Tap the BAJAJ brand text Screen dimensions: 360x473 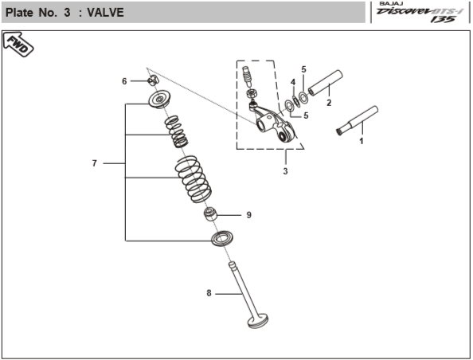tap(389, 4)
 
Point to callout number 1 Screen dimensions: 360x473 tap(361, 141)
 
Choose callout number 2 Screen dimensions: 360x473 tap(329, 103)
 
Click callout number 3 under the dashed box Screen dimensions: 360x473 tap(285, 171)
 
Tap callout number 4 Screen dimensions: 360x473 tap(293, 82)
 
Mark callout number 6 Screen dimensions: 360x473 tap(124, 81)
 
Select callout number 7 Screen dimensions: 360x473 tap(94, 163)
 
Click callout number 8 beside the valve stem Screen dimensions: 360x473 tap(209, 293)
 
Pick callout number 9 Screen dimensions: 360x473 tap(248, 215)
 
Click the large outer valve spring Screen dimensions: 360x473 tap(193, 178)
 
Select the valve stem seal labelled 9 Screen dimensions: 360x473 tap(213, 215)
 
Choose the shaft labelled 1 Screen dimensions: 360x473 tap(359, 119)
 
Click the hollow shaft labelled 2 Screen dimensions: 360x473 tap(326, 82)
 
